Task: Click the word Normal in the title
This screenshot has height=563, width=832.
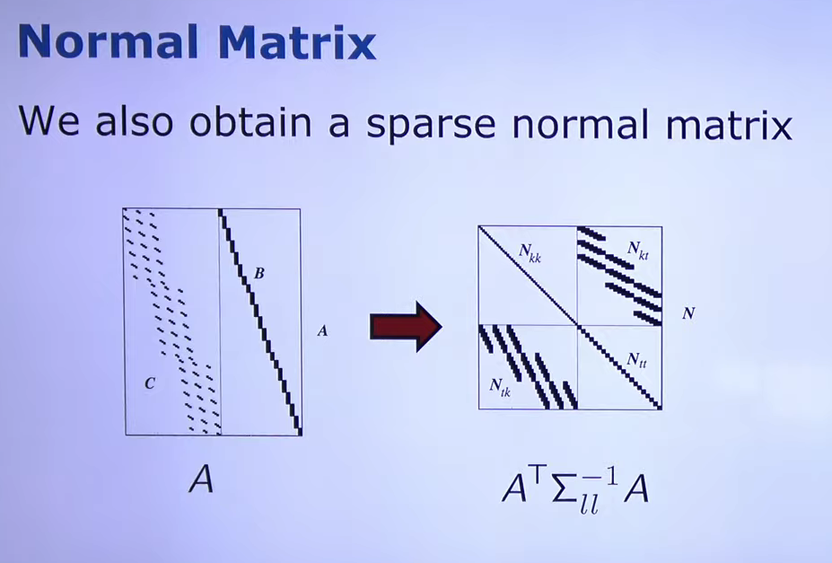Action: point(109,41)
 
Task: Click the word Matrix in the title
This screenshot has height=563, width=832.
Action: point(297,41)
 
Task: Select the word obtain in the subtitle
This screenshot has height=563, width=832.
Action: point(250,122)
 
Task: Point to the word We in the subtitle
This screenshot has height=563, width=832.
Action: point(48,122)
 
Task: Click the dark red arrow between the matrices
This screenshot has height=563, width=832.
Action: point(406,326)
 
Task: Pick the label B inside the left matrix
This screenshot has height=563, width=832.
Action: point(259,274)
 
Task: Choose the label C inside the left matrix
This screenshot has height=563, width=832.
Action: point(150,383)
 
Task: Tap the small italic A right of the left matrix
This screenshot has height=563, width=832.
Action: point(322,331)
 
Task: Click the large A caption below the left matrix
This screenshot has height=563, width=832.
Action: point(201,480)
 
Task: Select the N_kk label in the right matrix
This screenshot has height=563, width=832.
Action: point(530,252)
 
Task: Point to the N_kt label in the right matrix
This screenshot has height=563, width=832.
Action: point(638,250)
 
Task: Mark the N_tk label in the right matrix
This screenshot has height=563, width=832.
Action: point(500,387)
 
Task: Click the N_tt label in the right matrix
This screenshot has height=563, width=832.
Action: point(636,361)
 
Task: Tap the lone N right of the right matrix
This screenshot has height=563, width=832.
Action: point(688,313)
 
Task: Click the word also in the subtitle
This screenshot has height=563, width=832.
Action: point(135,122)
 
